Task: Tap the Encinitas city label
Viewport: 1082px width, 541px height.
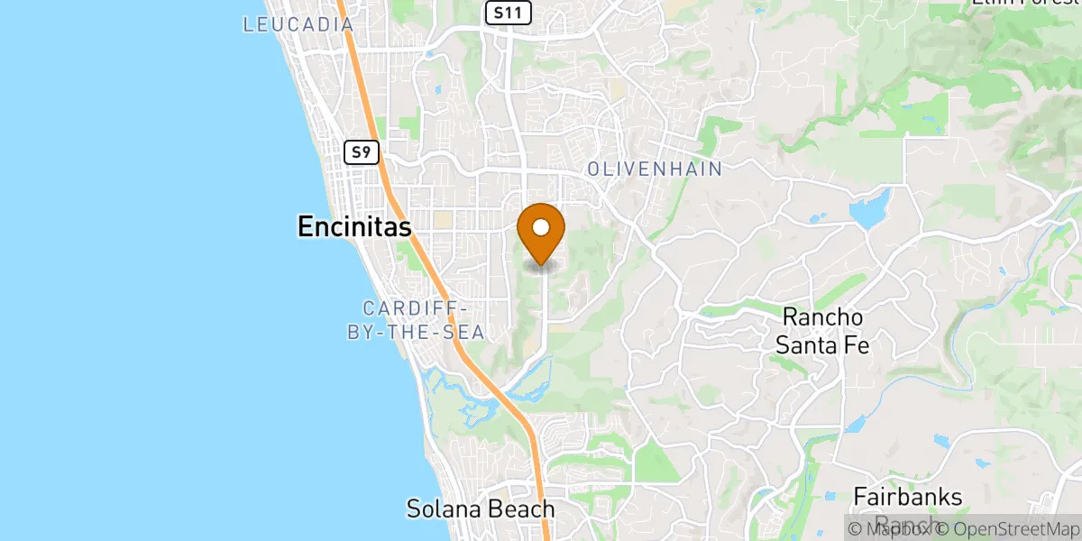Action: pyautogui.click(x=354, y=228)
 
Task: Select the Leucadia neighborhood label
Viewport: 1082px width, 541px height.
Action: pyautogui.click(x=298, y=24)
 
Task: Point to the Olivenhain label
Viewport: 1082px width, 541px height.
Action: pyautogui.click(x=655, y=169)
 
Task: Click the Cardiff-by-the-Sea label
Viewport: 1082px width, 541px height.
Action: pyautogui.click(x=417, y=320)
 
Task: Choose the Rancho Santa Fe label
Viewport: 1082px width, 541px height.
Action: pyautogui.click(x=822, y=330)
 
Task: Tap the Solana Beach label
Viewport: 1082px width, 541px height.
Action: pyautogui.click(x=481, y=509)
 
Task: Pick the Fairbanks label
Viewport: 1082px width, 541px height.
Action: pyautogui.click(x=908, y=497)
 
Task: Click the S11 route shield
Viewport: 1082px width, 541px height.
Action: pyautogui.click(x=508, y=13)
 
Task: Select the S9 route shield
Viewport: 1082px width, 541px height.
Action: pyautogui.click(x=361, y=151)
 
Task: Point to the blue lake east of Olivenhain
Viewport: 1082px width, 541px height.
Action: pyautogui.click(x=868, y=213)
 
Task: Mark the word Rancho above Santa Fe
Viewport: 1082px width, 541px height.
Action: pyautogui.click(x=822, y=317)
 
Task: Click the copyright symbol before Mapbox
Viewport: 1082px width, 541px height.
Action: pyautogui.click(x=855, y=528)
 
